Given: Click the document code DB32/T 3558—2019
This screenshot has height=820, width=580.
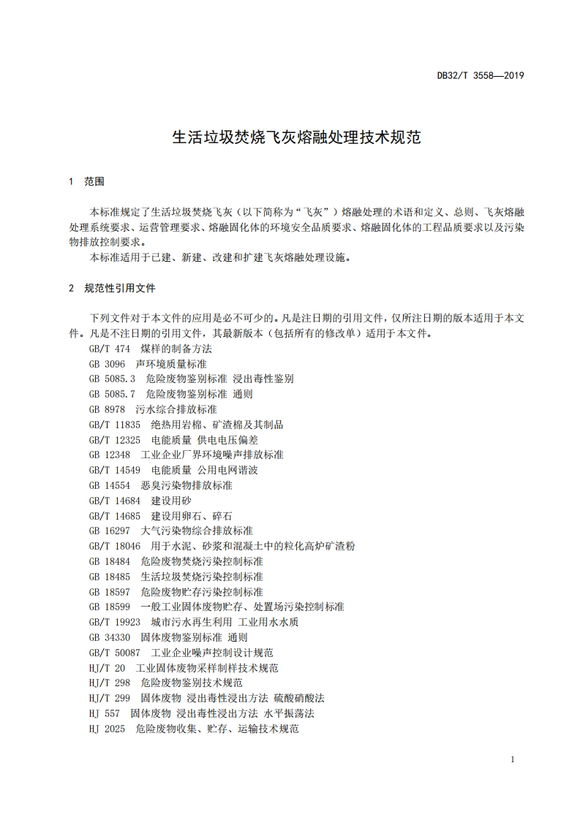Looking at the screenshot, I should point(481,75).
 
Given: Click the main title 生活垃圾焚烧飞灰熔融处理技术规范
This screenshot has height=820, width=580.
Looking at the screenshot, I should point(296,137).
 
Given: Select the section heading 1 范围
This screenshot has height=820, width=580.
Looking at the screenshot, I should point(86,181).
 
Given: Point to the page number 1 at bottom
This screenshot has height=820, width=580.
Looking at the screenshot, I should point(513,759).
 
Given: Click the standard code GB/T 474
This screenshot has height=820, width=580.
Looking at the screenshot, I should point(109,349).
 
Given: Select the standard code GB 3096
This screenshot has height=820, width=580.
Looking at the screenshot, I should point(107,363).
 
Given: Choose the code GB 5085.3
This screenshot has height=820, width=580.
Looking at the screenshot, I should point(112,379).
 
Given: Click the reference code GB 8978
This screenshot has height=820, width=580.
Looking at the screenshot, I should point(107,409).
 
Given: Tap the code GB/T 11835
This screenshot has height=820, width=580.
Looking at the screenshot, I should point(114,425).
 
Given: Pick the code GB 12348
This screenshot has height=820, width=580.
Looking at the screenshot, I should point(109,455).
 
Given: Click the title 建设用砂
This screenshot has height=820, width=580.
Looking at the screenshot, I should point(171,501).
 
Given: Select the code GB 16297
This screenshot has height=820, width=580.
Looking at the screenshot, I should point(109,531).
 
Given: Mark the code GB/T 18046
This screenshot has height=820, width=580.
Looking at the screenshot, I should point(114,546).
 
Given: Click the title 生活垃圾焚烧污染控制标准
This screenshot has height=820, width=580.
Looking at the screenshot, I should point(202,577).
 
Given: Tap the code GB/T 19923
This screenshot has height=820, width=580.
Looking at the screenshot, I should point(114,622).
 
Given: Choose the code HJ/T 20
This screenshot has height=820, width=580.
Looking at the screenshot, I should point(107,668).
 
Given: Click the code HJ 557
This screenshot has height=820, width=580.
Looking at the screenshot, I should point(104,713).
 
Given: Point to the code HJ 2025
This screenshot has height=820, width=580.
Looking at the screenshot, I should point(107,729).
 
